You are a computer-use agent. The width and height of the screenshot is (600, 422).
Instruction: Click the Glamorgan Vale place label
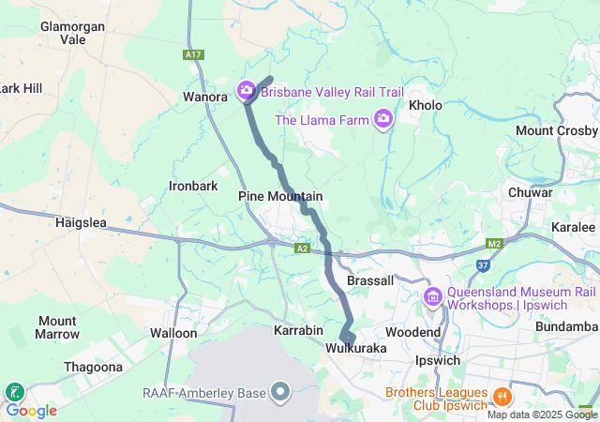pos(72,33)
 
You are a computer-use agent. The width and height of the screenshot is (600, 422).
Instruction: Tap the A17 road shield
pos(193,55)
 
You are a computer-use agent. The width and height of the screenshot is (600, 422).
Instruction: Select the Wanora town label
pos(205,97)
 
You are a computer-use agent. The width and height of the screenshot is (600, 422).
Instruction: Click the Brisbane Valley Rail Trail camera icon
pos(247,91)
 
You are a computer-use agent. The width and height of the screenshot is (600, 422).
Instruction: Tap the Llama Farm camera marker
pos(382,119)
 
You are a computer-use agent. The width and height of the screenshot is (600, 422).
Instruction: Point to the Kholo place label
pos(425,105)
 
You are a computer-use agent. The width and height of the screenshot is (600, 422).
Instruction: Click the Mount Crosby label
pos(557,130)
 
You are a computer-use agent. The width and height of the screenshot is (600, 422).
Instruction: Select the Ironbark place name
pos(193,186)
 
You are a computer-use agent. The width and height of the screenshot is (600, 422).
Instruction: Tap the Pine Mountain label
pos(280,196)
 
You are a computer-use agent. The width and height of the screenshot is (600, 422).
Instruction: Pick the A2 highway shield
pos(302,249)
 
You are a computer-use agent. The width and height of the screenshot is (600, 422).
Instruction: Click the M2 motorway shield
pos(496,244)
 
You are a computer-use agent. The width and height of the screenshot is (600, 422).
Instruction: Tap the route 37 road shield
pos(483,267)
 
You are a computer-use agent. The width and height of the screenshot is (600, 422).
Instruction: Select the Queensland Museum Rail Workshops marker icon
pos(432,297)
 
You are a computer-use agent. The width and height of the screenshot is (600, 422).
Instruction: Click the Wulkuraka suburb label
pos(356,348)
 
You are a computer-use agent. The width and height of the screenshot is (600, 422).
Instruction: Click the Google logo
pos(31,410)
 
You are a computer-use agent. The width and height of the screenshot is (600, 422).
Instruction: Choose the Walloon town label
pos(173,333)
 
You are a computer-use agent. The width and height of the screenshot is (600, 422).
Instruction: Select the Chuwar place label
pos(530,192)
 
